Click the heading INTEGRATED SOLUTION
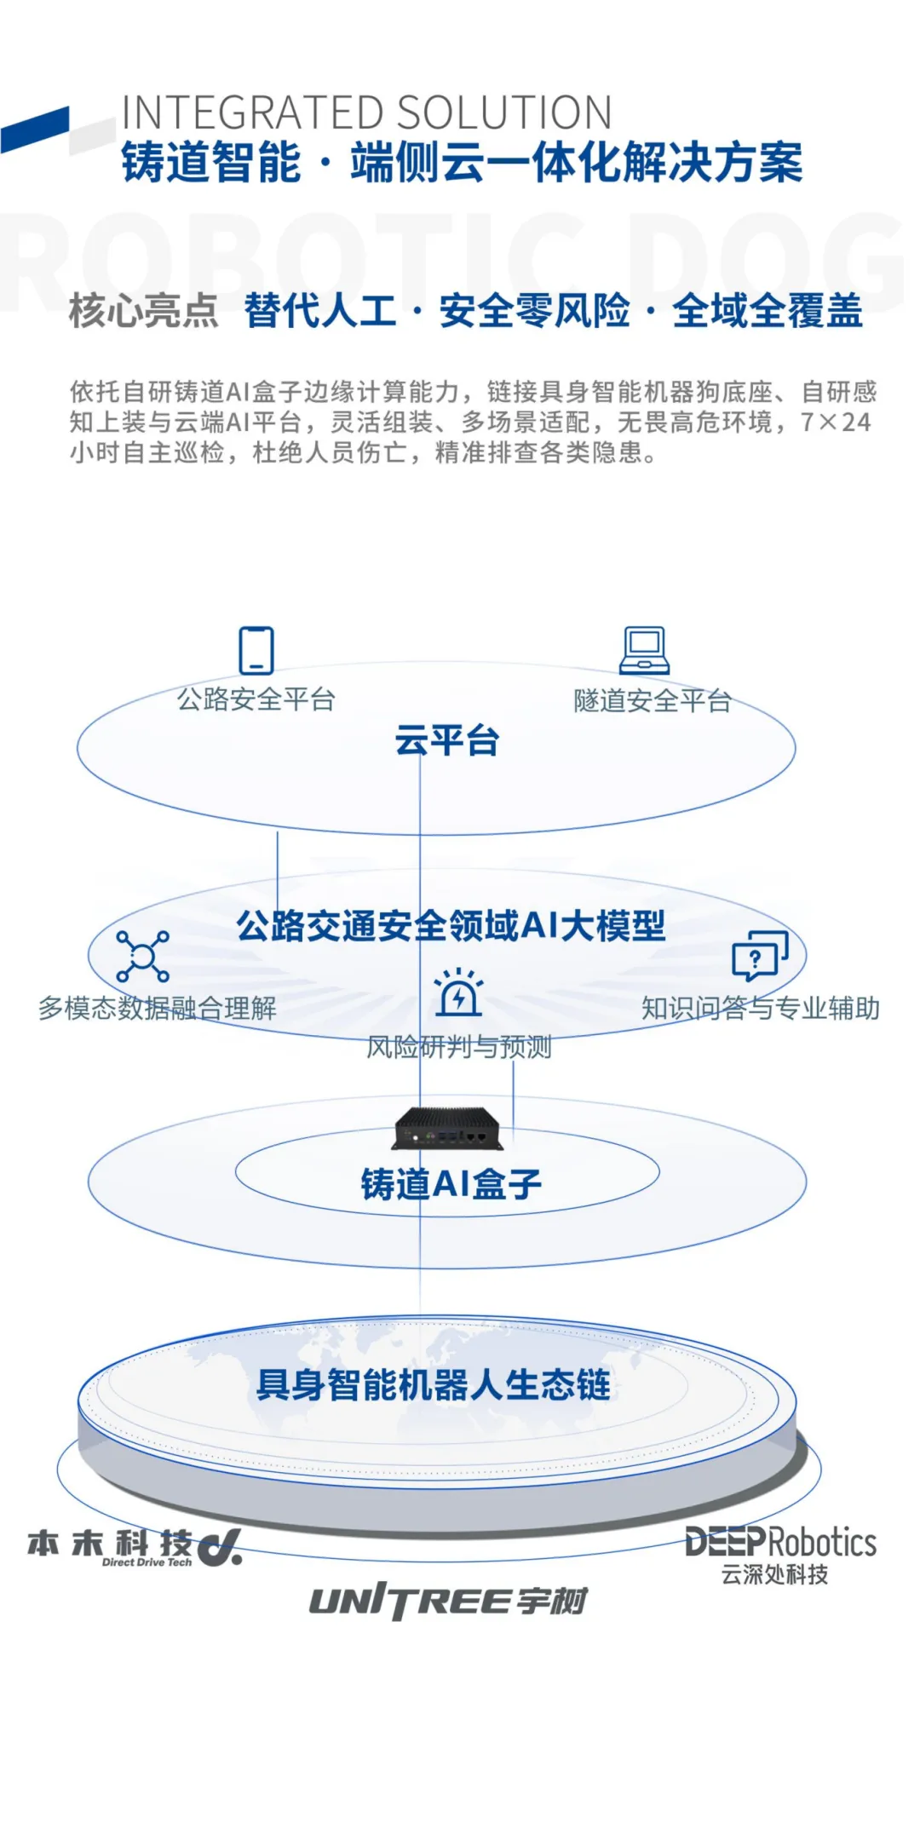click(x=366, y=113)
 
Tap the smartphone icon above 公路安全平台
click(x=256, y=651)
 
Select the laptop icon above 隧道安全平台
click(x=644, y=651)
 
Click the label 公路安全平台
click(x=256, y=700)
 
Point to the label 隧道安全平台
click(x=653, y=701)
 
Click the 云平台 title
click(x=446, y=741)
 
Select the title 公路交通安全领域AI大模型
click(x=451, y=926)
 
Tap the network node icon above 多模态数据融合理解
click(x=142, y=957)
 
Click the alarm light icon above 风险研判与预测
click(x=458, y=992)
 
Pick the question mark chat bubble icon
click(x=759, y=955)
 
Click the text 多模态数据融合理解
click(x=158, y=1009)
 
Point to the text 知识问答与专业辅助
click(x=760, y=1009)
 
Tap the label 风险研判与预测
click(x=458, y=1047)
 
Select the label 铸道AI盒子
click(x=451, y=1184)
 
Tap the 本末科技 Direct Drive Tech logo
click(x=135, y=1546)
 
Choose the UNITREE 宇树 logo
click(x=448, y=1602)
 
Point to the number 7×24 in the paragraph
click(x=835, y=423)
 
